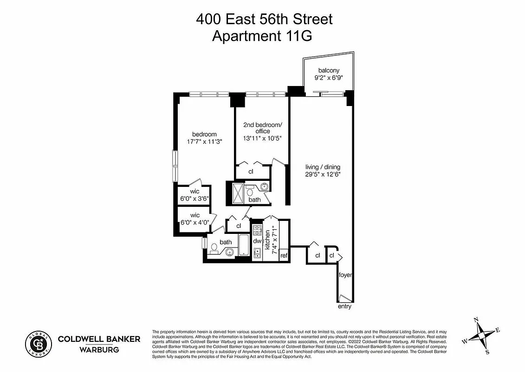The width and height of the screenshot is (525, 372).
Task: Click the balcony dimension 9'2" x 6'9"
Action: [325, 78]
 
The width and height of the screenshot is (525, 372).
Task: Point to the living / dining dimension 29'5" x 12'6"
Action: [323, 175]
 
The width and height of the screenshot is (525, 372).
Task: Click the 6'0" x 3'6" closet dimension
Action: [194, 199]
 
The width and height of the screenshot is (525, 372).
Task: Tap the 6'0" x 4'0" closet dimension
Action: [194, 222]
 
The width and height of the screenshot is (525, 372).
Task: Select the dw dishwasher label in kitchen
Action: [257, 241]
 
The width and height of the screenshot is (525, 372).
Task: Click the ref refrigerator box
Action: [284, 255]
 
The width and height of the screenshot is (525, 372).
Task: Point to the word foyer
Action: [344, 275]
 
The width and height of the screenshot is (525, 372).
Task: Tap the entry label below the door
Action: [344, 306]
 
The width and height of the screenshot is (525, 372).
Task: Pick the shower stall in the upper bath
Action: [238, 192]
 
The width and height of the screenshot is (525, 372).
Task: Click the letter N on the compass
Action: [475, 320]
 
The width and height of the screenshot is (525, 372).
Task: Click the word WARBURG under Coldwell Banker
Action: [98, 349]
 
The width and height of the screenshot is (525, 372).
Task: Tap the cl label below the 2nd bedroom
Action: [251, 171]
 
